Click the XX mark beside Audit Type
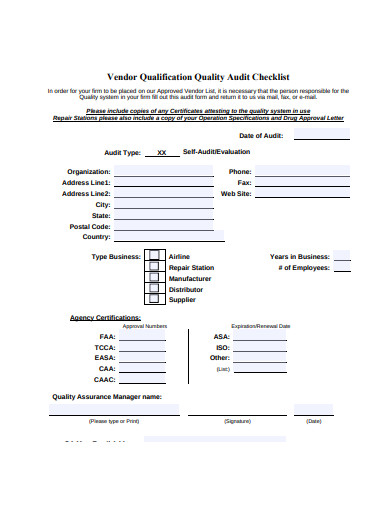[x=162, y=153]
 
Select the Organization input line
[x=164, y=172]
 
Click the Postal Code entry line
[x=164, y=227]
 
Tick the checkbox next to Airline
[x=154, y=256]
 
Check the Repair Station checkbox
[x=154, y=267]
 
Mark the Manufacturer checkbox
[x=154, y=278]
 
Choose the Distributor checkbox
[x=154, y=289]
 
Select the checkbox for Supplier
[x=154, y=300]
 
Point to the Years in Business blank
[x=341, y=257]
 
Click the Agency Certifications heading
[x=105, y=317]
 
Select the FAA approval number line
[x=143, y=337]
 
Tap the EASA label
[x=105, y=357]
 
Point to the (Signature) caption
[x=238, y=421]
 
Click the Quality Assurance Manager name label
[x=107, y=396]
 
